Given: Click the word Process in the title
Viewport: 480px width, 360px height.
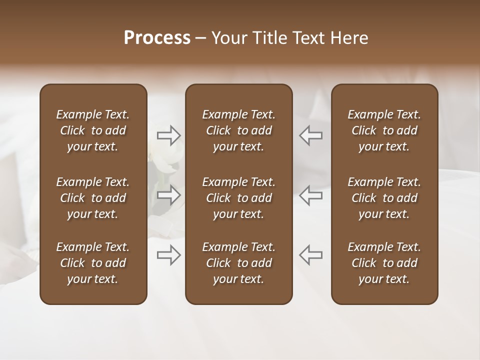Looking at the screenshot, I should point(157,38).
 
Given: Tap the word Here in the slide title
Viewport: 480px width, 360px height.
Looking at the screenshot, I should point(348,38).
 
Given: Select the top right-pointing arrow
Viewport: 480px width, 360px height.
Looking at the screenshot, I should point(169,135).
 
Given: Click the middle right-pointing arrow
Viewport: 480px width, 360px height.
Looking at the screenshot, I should point(169,195).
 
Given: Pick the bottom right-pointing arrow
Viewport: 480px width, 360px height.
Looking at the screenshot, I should point(169,255).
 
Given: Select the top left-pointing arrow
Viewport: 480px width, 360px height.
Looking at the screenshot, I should point(310,135).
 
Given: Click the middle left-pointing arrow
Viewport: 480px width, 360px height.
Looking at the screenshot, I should point(310,195).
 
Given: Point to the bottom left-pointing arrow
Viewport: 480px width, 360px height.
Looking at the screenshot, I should point(310,255).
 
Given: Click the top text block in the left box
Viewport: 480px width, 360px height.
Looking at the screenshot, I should point(93,130).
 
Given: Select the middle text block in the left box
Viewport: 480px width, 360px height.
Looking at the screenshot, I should point(93,198).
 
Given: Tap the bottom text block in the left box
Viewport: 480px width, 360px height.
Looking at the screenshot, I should point(93,263).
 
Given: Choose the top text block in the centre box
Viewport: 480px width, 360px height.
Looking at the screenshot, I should point(238,130).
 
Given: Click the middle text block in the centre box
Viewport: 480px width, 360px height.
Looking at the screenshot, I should point(238,198).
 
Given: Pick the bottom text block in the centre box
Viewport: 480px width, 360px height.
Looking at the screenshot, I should point(238,263).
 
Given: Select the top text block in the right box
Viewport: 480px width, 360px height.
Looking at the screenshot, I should point(384,130).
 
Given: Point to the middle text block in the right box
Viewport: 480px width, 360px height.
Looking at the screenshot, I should point(384,198).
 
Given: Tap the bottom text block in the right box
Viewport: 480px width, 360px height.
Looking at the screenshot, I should point(384,263).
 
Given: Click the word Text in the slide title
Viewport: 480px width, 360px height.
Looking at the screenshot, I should point(307,38).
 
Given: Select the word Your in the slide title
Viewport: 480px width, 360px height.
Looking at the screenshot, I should point(228,38).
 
